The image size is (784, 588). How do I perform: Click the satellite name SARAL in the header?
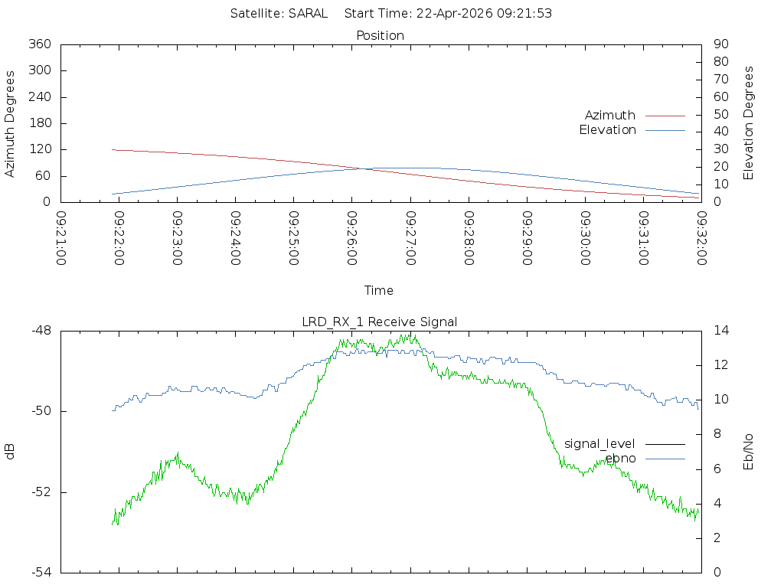click(x=308, y=13)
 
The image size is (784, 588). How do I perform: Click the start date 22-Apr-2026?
click(x=450, y=13)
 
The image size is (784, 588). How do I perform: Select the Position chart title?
click(x=381, y=35)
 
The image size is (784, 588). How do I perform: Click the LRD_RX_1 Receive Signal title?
click(x=380, y=322)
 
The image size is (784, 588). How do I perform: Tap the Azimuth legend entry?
click(x=610, y=115)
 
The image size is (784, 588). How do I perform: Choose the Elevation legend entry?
click(x=607, y=130)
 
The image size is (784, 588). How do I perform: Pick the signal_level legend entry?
click(x=599, y=443)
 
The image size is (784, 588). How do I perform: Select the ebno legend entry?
click(x=620, y=458)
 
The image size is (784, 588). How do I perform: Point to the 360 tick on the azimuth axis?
click(x=39, y=44)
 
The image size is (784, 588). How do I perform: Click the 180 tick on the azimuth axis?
click(x=39, y=123)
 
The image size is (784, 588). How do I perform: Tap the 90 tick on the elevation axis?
click(x=720, y=44)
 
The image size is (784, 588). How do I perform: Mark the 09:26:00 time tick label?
click(x=351, y=238)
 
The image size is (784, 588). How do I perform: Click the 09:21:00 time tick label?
click(x=61, y=238)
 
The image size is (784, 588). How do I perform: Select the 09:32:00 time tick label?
click(x=701, y=238)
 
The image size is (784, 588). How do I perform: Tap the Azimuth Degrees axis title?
click(x=10, y=123)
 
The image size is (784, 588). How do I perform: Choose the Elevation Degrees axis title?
click(x=749, y=123)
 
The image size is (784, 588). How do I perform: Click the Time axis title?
click(x=379, y=290)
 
